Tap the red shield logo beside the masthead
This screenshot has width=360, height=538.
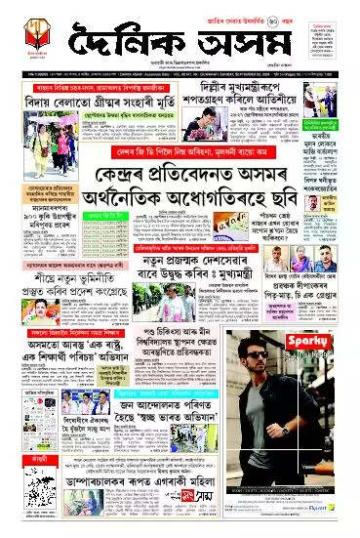(x=31, y=32)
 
